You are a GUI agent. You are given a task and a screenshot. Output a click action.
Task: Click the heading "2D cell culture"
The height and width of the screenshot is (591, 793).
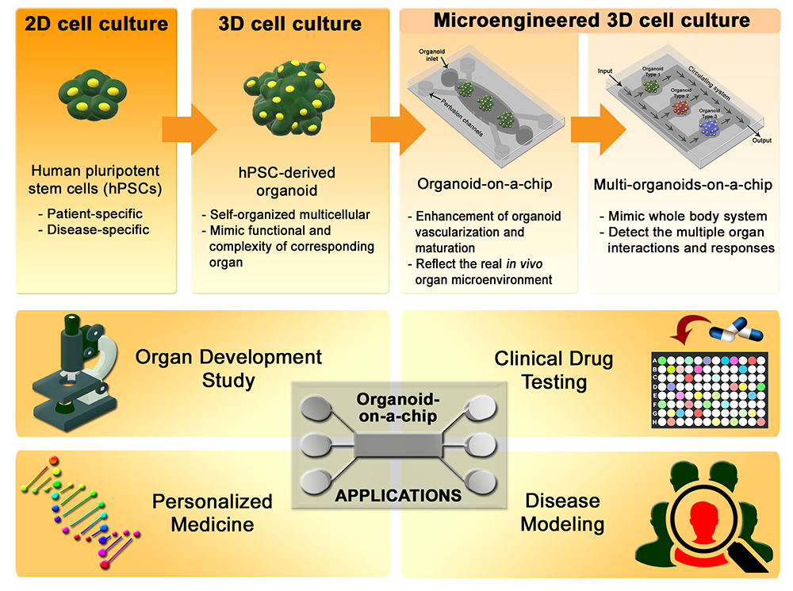[x=96, y=24]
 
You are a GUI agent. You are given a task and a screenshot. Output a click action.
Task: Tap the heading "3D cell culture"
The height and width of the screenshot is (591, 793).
[x=289, y=24]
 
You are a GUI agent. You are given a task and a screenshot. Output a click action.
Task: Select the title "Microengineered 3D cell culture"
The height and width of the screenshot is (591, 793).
[x=592, y=21]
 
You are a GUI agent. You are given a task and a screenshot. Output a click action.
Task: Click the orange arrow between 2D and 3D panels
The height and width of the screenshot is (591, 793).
[x=190, y=129]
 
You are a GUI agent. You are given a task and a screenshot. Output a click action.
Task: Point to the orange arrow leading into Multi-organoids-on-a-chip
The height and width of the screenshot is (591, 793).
[x=598, y=129]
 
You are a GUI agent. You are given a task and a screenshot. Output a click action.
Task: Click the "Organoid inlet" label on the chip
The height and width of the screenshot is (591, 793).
[x=431, y=55]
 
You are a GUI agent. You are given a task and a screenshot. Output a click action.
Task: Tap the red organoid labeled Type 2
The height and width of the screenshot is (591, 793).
[x=680, y=107]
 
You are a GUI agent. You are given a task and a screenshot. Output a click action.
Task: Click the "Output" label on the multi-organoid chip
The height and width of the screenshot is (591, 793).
[x=761, y=140]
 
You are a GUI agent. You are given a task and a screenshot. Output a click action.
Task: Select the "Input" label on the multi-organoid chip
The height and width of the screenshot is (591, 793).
[x=605, y=71]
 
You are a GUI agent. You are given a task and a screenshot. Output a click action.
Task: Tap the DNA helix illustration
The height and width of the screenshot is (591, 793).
[x=80, y=512]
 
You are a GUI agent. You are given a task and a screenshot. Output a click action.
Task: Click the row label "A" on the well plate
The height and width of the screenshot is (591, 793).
[x=656, y=361]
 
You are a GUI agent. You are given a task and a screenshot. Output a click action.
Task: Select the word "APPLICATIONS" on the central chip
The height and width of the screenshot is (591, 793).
[x=399, y=495]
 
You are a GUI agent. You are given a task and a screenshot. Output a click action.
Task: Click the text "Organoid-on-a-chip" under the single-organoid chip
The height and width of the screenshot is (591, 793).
[x=485, y=184]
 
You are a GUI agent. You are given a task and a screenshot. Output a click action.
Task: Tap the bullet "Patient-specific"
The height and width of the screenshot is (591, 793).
[x=90, y=213]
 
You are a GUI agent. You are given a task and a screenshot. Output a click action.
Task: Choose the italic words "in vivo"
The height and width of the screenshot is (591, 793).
[x=524, y=263]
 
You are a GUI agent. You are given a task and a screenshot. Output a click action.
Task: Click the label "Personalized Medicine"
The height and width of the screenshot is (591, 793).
[x=213, y=512]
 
